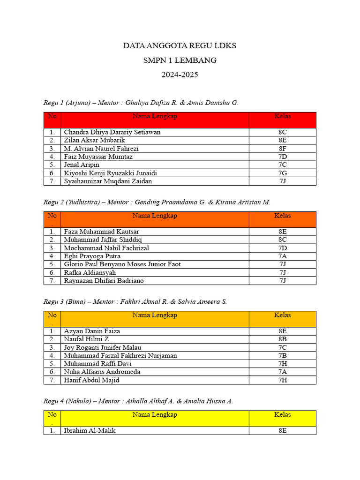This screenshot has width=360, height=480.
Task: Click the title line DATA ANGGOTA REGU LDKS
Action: point(180,46)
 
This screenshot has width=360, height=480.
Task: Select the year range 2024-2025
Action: point(180,75)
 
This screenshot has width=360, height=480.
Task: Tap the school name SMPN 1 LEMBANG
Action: point(180,60)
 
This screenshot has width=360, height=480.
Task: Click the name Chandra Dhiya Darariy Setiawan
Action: point(112,132)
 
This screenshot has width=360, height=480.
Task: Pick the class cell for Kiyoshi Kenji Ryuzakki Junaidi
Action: point(282,173)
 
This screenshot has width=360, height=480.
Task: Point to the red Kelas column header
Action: point(282,116)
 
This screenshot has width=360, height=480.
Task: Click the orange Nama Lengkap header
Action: point(155,216)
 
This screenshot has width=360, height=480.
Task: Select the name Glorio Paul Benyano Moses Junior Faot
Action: point(122,264)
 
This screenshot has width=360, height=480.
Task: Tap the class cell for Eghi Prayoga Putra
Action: point(282,256)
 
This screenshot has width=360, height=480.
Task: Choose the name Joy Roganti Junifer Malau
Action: point(103,347)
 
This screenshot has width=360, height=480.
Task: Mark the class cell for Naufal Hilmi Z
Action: point(282,339)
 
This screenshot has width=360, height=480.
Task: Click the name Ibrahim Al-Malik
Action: point(90,430)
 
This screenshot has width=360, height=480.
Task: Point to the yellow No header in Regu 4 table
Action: point(52,415)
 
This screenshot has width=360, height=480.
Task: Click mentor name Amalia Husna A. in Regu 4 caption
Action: point(210,401)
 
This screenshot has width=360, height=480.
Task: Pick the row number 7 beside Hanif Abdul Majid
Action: point(52,380)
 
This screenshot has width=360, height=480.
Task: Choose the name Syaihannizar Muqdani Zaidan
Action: point(108,181)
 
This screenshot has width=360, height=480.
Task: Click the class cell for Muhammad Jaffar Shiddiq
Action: point(282,240)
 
